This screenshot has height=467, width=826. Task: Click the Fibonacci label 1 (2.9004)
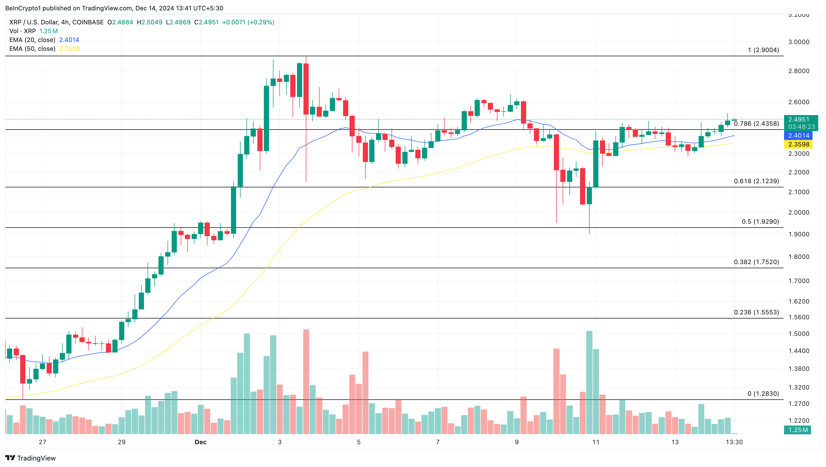[763, 50]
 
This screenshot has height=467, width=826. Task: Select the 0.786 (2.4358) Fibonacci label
[756, 124]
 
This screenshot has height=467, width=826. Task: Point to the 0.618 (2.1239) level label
[756, 181]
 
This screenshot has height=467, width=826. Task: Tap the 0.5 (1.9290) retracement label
[760, 222]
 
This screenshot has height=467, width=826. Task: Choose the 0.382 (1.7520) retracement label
[756, 262]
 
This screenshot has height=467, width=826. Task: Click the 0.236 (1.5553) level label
[756, 312]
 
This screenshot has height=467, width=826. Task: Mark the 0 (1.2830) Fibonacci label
[763, 393]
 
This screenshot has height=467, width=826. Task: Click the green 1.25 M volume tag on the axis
[798, 430]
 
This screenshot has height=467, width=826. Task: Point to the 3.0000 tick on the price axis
[799, 42]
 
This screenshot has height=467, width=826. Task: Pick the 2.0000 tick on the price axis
[799, 213]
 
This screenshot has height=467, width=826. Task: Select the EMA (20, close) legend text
[32, 40]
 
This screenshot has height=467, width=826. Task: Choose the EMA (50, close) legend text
[32, 49]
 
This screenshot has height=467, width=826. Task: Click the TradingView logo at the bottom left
[31, 458]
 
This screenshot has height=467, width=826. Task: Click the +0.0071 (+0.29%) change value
[248, 22]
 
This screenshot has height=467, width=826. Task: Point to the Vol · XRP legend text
[23, 31]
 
